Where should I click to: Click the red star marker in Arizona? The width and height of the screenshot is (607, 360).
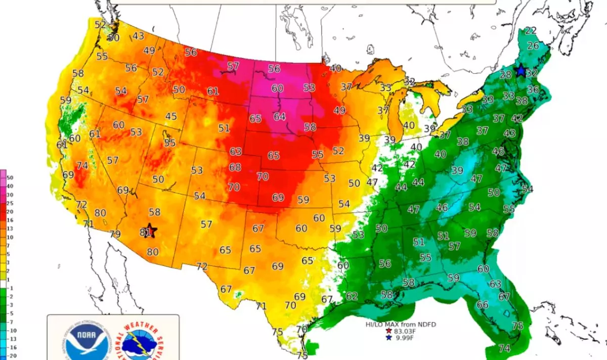(x=150, y=231)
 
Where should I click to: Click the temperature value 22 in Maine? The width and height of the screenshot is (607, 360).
(x=530, y=30)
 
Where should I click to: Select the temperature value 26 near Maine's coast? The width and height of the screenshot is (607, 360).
(x=533, y=46)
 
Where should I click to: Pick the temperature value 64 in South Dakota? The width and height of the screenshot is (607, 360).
(x=280, y=117)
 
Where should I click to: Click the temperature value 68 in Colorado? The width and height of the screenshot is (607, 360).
(x=235, y=167)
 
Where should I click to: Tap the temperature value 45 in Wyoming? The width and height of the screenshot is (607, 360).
(x=171, y=117)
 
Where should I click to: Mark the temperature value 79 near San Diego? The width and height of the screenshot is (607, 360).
(x=115, y=234)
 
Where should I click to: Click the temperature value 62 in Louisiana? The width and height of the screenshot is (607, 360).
(x=352, y=296)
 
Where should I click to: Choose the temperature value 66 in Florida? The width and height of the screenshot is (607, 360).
(x=483, y=304)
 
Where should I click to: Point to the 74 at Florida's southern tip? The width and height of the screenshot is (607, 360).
(x=504, y=348)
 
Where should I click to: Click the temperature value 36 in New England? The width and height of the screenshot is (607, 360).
(x=533, y=89)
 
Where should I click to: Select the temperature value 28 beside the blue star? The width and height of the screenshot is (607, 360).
(x=505, y=75)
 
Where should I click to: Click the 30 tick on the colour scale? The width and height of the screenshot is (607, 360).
(x=10, y=195)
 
